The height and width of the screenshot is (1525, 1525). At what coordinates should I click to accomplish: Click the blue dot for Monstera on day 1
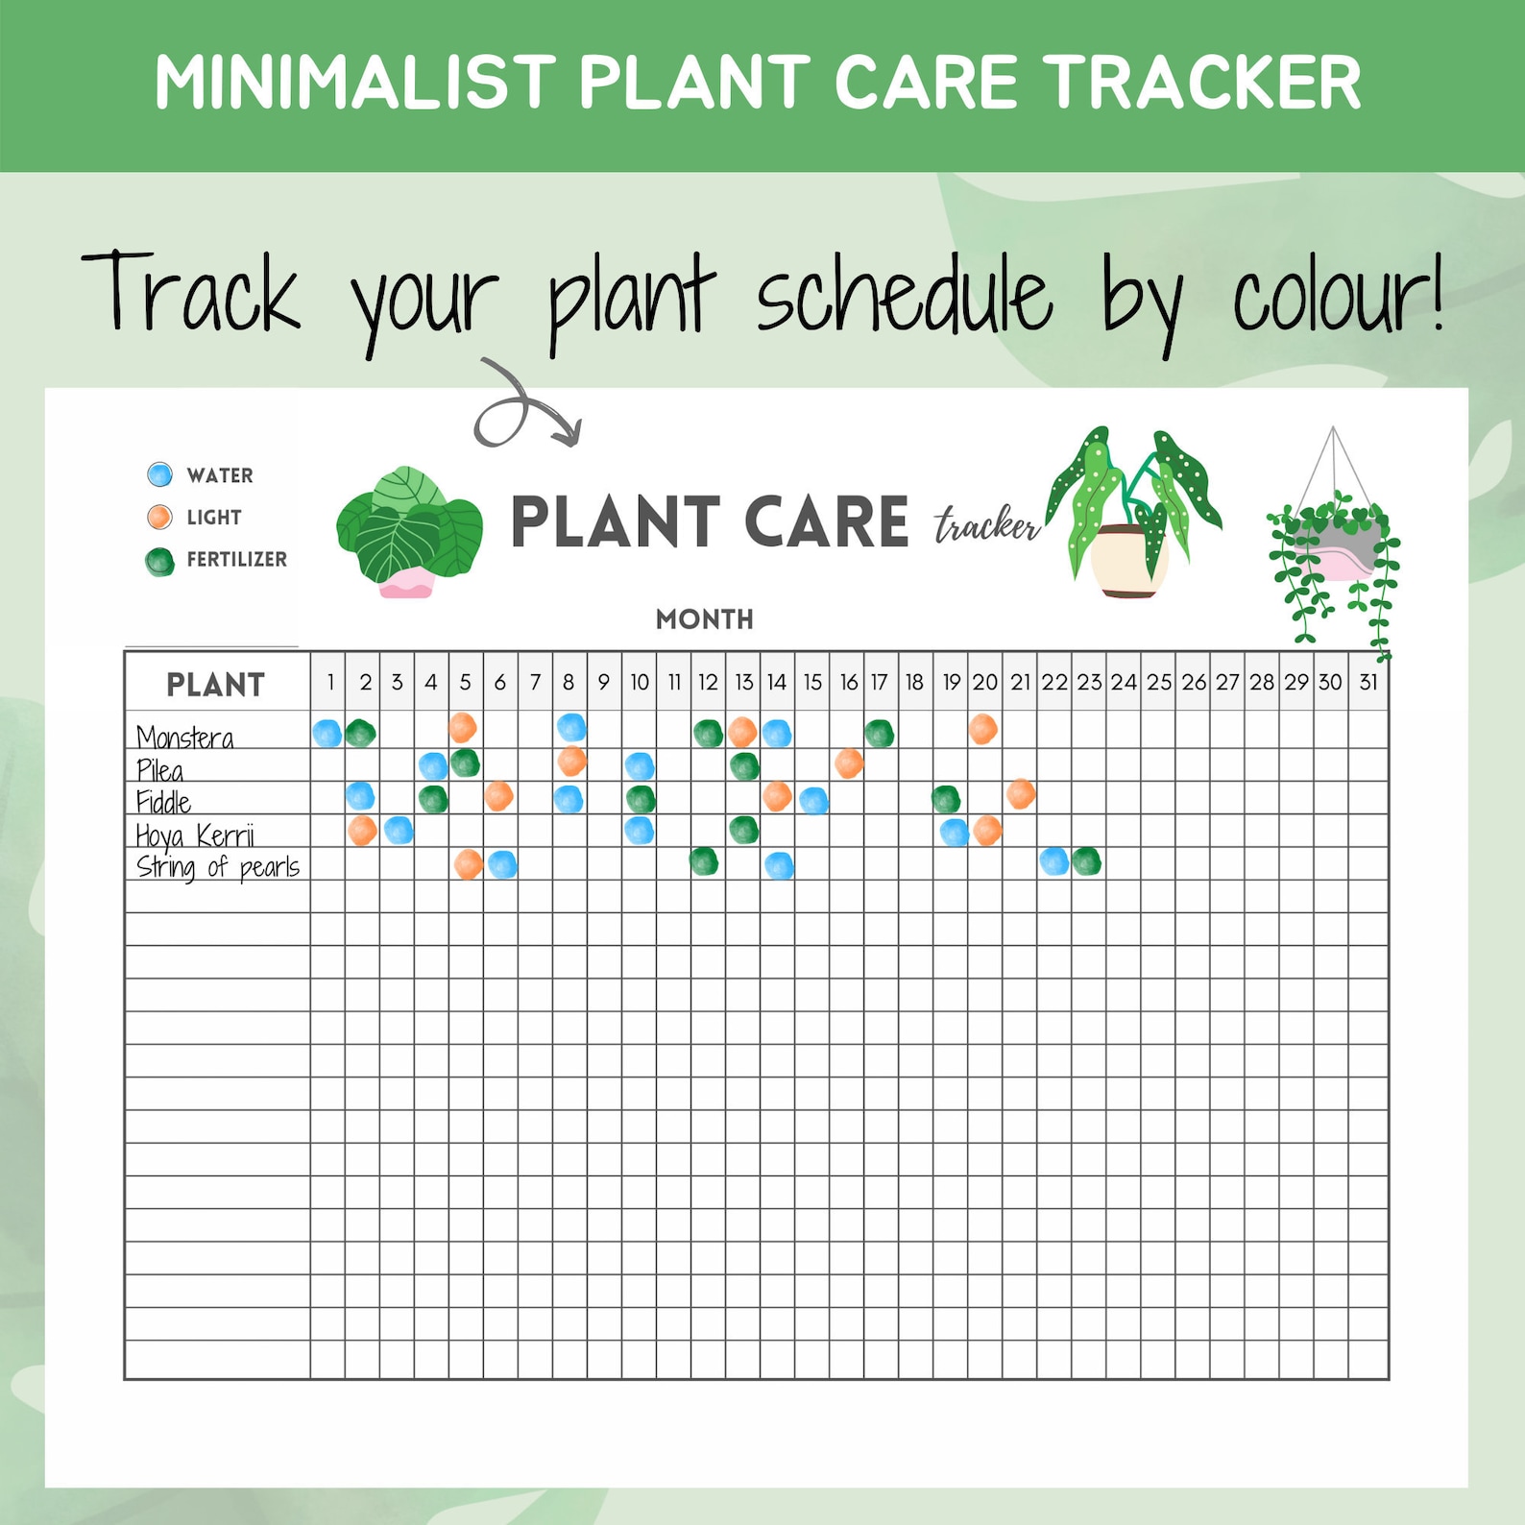pos(327,734)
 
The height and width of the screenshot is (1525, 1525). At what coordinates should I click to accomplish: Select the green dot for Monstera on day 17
pos(879,734)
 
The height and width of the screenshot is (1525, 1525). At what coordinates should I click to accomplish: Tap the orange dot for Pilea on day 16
pos(849,764)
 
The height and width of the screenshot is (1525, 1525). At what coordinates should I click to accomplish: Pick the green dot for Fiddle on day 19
pos(946,799)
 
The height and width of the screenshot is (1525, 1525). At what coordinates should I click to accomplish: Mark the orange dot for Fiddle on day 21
pos(1021,794)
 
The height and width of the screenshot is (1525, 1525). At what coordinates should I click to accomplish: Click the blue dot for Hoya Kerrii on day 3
pos(399,831)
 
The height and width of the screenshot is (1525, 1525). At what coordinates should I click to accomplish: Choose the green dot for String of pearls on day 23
pos(1086,861)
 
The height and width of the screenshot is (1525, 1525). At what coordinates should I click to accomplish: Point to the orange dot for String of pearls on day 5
pos(468,864)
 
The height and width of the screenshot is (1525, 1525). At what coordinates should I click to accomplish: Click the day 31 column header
pos(1368,682)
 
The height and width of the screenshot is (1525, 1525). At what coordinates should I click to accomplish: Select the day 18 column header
pos(914,682)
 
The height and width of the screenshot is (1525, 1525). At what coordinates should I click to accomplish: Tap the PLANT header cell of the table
pos(216,685)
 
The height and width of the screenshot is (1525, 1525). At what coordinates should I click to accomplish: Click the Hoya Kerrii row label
pos(195,835)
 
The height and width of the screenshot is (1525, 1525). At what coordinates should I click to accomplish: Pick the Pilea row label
pos(159,770)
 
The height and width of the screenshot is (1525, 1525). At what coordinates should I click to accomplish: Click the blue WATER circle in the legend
pos(159,474)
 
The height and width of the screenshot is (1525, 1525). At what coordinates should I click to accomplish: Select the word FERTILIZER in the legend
pos(236,559)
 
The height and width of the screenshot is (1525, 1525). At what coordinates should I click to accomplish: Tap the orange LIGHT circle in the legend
pos(159,518)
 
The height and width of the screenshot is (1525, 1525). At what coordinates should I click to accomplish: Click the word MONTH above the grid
pos(704,619)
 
